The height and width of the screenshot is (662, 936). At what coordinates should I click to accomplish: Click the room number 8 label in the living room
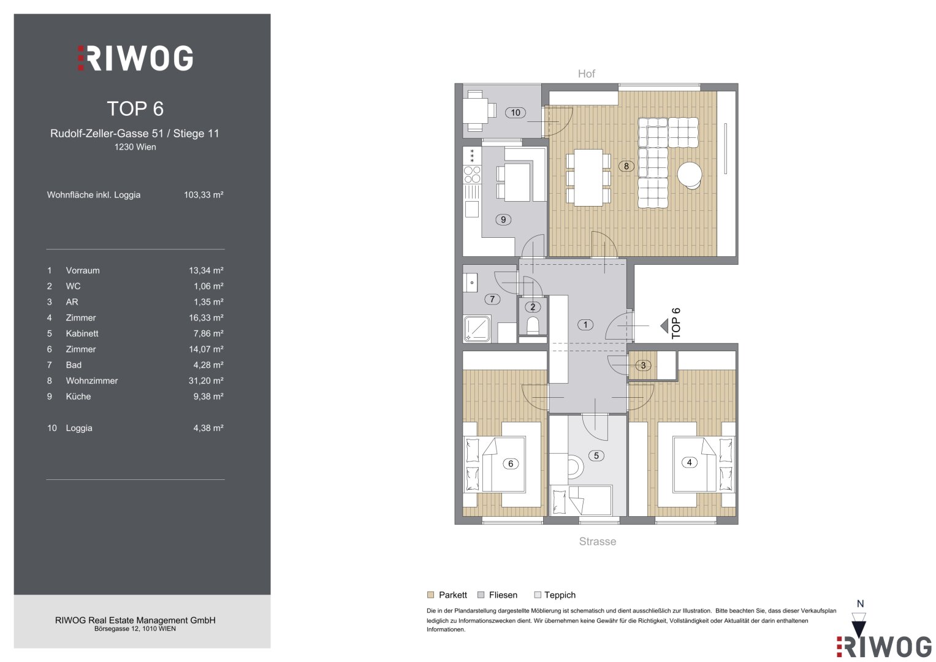click(626, 166)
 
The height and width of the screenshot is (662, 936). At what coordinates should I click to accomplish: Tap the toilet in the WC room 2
click(533, 325)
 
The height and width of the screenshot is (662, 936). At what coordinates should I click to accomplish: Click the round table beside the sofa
click(690, 175)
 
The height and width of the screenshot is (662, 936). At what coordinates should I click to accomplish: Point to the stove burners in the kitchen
click(472, 175)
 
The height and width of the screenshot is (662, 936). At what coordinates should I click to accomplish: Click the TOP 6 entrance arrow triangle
click(664, 325)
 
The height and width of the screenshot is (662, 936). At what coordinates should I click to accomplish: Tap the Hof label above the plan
click(586, 74)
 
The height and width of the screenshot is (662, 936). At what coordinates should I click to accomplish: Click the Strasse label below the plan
click(598, 541)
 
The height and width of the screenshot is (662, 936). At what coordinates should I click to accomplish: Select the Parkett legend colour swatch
click(431, 595)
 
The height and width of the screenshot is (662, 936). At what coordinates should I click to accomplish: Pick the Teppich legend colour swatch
click(538, 595)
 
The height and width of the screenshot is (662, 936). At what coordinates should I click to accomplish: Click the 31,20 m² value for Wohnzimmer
click(206, 381)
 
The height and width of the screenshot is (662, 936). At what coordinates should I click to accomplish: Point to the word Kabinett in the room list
click(82, 333)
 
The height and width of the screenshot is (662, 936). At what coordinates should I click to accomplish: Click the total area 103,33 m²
click(204, 195)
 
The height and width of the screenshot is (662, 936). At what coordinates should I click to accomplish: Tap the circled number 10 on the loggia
click(516, 112)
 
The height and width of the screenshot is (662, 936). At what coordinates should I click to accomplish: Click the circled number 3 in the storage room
click(643, 365)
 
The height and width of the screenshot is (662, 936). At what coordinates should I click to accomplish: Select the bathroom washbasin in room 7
click(471, 283)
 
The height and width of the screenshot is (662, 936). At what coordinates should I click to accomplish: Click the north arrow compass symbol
click(859, 623)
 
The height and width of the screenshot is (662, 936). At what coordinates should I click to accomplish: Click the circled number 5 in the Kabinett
click(596, 455)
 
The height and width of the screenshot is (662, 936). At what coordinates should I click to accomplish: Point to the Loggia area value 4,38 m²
click(208, 428)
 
